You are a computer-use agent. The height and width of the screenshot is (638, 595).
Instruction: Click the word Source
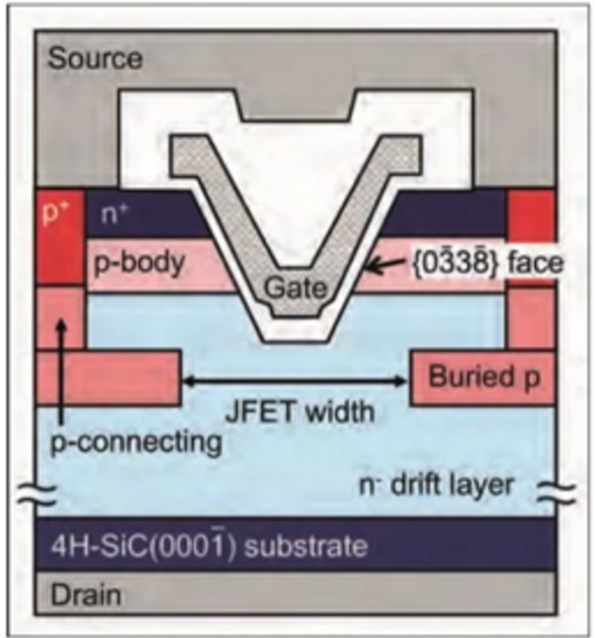tap(94, 60)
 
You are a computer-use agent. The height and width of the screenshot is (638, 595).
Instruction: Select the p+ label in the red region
tap(59, 213)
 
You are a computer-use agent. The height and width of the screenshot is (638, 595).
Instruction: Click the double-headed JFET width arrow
tap(296, 381)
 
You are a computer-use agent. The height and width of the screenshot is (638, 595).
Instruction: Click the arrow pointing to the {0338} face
tap(383, 261)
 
